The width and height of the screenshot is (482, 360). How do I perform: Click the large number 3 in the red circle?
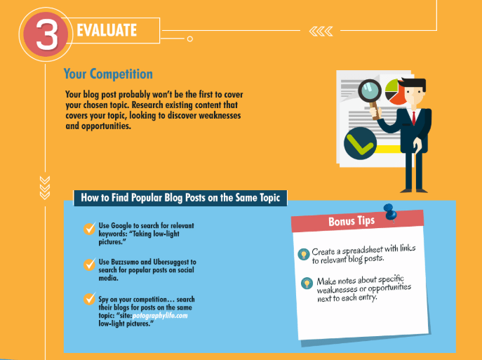47,35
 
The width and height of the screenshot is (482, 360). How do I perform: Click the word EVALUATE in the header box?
107,30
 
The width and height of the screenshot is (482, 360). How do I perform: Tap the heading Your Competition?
108,74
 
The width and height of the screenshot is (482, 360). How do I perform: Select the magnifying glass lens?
370,91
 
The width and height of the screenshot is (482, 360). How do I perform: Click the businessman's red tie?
414,118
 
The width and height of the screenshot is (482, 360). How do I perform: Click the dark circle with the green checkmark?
360,143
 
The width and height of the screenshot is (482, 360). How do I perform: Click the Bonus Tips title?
352,221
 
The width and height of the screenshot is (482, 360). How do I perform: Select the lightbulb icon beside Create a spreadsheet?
304,254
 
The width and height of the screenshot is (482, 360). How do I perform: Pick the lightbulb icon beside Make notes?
307,283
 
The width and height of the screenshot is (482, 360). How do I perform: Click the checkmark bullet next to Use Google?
89,229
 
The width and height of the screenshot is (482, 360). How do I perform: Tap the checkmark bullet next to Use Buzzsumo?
89,265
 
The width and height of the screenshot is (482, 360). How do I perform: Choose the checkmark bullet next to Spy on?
89,298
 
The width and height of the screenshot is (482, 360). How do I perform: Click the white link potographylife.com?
160,316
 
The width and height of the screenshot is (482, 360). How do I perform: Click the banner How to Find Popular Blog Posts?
180,198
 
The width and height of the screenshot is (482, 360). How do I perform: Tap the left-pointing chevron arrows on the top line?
321,31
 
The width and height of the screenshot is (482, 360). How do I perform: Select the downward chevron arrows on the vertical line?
45,188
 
